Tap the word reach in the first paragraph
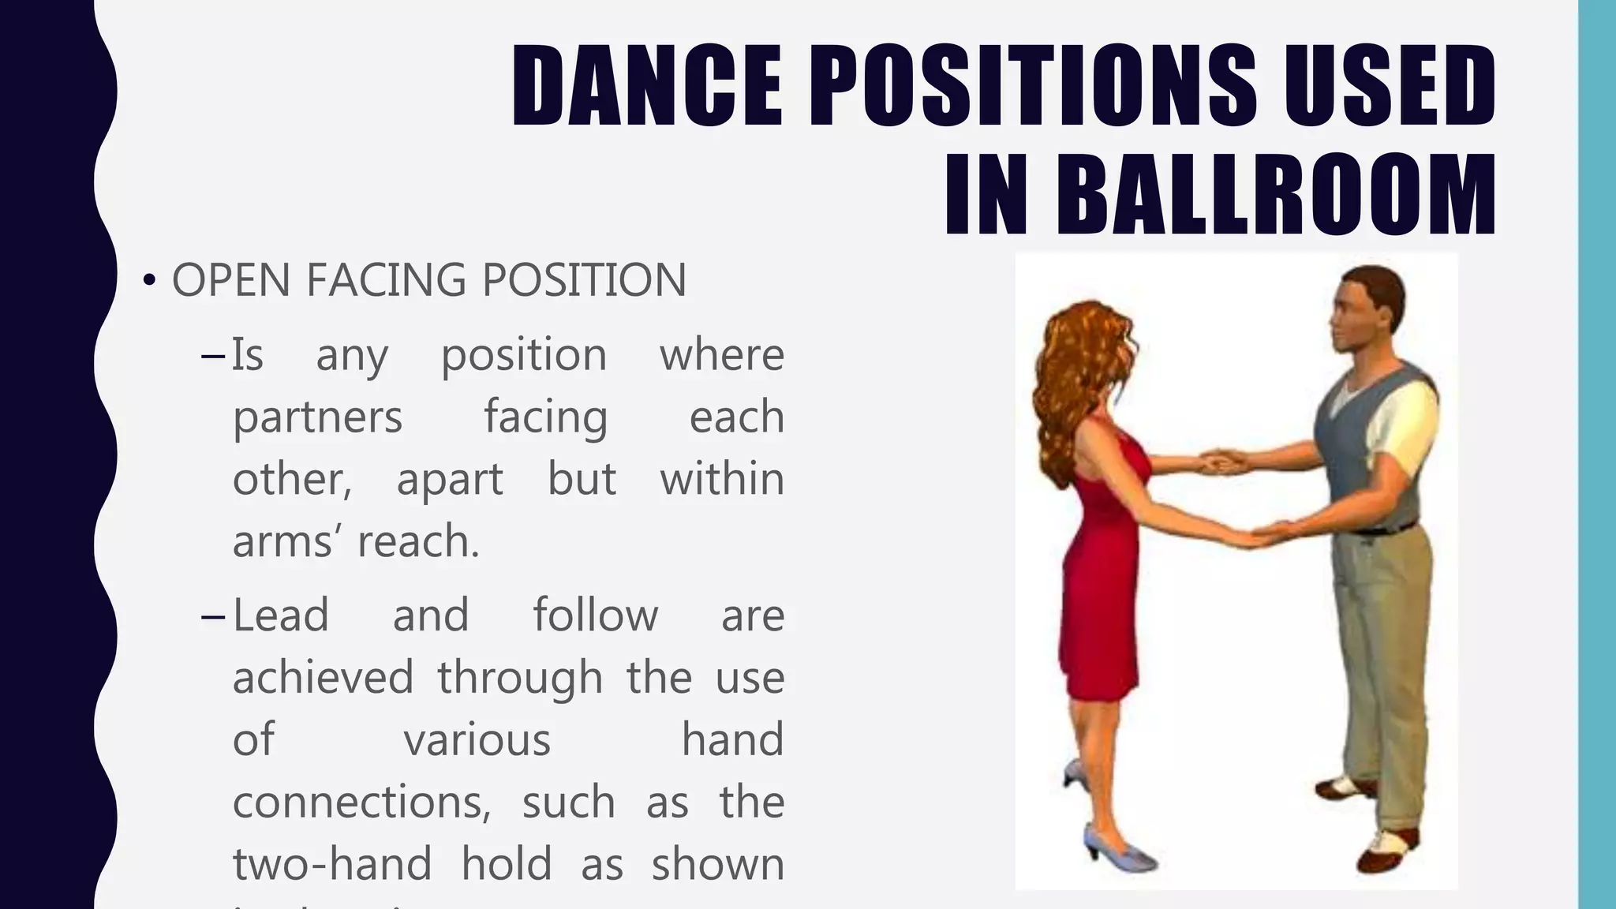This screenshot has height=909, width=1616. click(x=417, y=541)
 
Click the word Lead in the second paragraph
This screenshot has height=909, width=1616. click(x=281, y=615)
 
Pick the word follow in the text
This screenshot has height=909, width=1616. click(x=595, y=615)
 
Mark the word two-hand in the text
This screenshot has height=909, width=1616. click(x=332, y=864)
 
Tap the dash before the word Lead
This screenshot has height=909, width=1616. click(x=213, y=616)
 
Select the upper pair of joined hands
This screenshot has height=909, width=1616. click(x=1223, y=461)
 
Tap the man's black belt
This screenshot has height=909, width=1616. click(x=1389, y=529)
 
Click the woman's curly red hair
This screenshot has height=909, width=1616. click(x=1073, y=371)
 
